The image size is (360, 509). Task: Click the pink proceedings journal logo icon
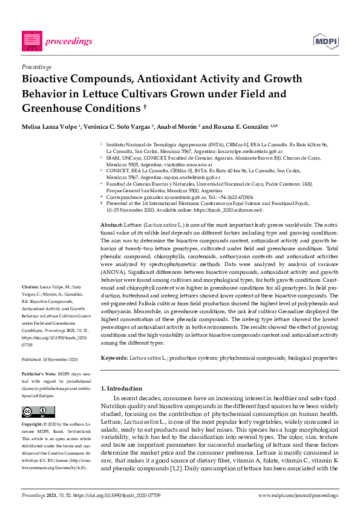[x=31, y=40]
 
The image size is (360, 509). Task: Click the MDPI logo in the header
[x=325, y=41]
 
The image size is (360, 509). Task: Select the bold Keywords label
[x=114, y=358]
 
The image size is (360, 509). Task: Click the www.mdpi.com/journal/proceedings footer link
[x=298, y=495]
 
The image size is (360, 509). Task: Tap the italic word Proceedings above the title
[x=36, y=66]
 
